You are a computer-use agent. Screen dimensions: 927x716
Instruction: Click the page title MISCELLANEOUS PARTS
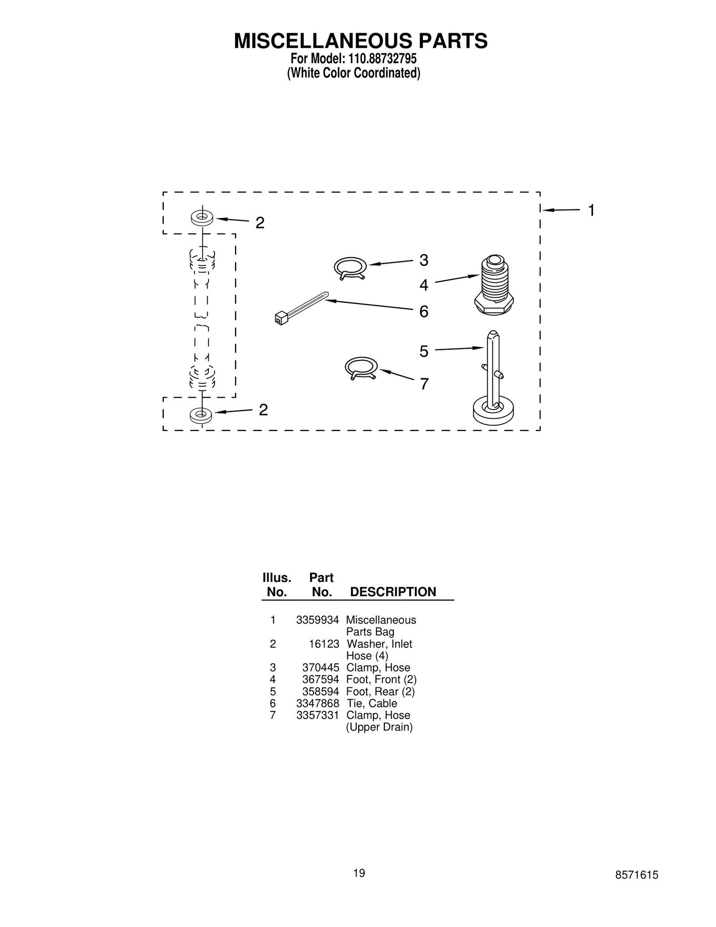[x=360, y=41]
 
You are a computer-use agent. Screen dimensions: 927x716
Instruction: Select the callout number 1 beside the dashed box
[x=591, y=210]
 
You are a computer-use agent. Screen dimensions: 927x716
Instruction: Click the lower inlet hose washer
[x=201, y=415]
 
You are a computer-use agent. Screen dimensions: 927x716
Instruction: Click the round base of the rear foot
[x=493, y=410]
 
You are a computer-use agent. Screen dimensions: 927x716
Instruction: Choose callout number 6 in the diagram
[x=423, y=312]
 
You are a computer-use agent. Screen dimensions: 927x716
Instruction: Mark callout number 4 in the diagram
[x=423, y=285]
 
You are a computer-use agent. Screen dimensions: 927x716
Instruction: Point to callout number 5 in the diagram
[x=424, y=351]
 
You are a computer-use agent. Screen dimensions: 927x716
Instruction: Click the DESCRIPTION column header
[x=392, y=592]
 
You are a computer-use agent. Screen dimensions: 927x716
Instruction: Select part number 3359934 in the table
[x=317, y=620]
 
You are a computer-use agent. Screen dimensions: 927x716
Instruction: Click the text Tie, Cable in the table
[x=371, y=703]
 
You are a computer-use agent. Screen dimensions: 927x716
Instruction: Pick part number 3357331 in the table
[x=317, y=715]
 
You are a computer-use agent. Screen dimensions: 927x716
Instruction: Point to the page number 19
[x=359, y=873]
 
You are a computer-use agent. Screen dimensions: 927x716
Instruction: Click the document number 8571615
[x=636, y=875]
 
